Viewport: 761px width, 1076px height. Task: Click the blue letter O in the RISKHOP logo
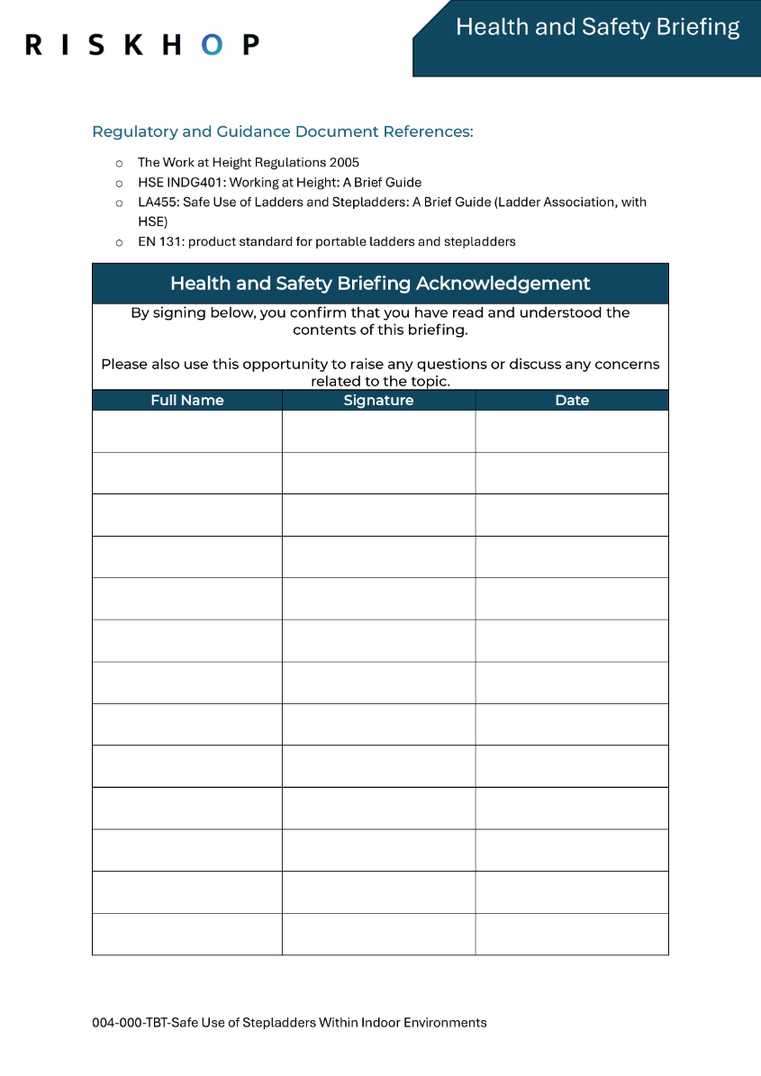coord(212,44)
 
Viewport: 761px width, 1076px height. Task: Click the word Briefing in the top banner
coord(698,27)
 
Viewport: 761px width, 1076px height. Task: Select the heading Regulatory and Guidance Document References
coord(282,131)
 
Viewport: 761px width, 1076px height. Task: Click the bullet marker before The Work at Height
coord(118,163)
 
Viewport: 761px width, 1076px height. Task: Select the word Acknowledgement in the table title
coord(503,284)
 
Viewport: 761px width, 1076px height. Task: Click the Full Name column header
coord(187,401)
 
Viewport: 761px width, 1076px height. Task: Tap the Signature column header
coord(378,401)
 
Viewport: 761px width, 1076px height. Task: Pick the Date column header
coord(572,401)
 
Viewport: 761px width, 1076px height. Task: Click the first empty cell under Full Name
coord(187,431)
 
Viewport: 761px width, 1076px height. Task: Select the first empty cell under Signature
coord(378,431)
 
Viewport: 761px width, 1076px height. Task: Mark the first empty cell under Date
coord(572,431)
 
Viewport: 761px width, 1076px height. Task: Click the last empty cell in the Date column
coord(572,934)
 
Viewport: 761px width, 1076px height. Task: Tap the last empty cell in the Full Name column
coord(187,934)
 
